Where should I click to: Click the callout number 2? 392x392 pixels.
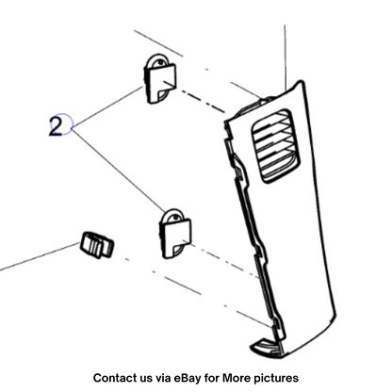57,125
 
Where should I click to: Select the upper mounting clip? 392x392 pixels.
160,78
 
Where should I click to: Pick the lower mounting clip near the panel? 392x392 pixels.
175,233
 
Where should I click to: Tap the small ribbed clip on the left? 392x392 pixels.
97,245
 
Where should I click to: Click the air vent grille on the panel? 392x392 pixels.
275,146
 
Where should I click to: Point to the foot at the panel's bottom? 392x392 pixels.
267,348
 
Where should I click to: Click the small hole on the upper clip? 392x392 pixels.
160,62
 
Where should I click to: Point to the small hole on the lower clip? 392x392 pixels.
175,217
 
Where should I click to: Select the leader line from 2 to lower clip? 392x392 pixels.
119,170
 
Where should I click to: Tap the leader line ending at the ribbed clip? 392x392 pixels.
40,256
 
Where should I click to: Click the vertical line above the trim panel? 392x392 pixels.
286,58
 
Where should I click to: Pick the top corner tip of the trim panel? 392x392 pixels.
302,82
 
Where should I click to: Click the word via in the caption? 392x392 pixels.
162,378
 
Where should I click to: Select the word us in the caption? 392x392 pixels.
144,379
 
